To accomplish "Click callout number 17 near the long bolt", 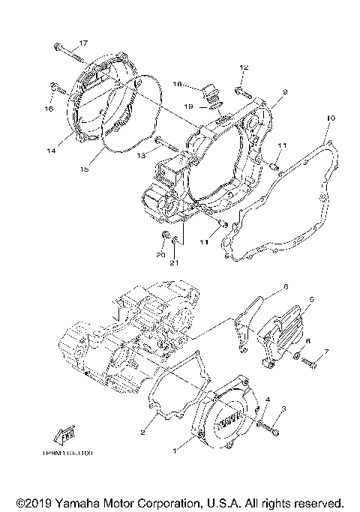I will pyautogui.click(x=82, y=43).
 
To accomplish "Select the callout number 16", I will pyautogui.click(x=49, y=109).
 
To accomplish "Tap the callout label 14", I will pyautogui.click(x=50, y=151).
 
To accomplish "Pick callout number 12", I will pyautogui.click(x=244, y=68).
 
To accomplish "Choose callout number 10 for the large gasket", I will pyautogui.click(x=330, y=118).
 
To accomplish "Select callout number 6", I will pyautogui.click(x=285, y=286).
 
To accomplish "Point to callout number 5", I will pyautogui.click(x=311, y=299).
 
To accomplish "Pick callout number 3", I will pyautogui.click(x=284, y=409).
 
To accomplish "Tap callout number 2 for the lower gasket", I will pyautogui.click(x=142, y=433).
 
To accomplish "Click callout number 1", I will pyautogui.click(x=177, y=451).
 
